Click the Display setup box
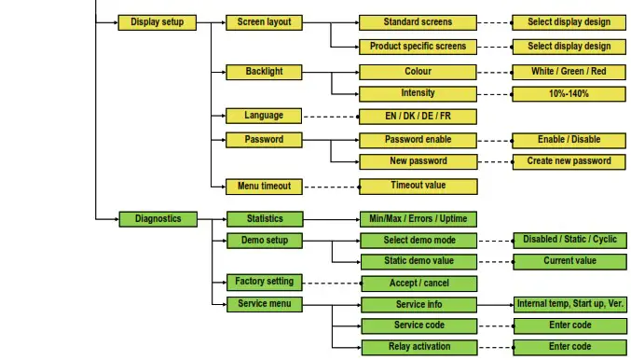(157, 22)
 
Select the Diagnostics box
(158, 219)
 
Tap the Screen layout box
(264, 22)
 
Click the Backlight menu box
(264, 72)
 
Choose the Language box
(264, 117)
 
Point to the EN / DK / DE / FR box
(418, 117)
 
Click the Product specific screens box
(418, 47)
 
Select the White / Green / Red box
(569, 72)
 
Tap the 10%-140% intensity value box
(569, 93)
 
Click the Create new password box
(569, 161)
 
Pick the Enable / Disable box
(569, 140)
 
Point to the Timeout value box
(418, 186)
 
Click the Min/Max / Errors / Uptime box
(418, 219)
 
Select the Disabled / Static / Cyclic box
(569, 240)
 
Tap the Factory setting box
(265, 282)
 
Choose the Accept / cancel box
(418, 284)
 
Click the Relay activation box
(418, 347)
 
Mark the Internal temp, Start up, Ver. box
(569, 305)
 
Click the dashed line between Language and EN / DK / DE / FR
(331, 117)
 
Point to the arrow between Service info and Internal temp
(495, 305)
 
